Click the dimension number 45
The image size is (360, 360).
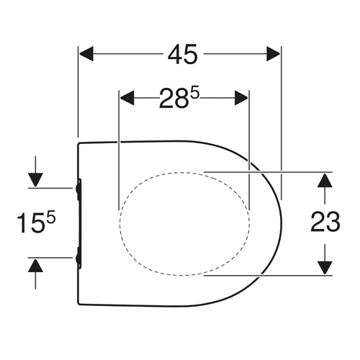tap(183, 54)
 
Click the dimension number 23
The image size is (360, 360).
tap(325, 222)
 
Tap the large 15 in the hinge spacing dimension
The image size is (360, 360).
tap(31, 223)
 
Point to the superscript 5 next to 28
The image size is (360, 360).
tap(195, 93)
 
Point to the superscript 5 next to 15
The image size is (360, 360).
tap(51, 217)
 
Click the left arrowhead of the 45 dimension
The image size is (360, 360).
tap(86, 54)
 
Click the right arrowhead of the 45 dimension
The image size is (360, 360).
tap(274, 54)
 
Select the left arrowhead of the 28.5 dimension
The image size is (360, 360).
tap(127, 98)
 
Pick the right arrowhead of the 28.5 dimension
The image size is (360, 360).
tap(241, 98)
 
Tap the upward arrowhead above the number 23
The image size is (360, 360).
tap(325, 180)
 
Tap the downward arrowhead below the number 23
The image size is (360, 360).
tap(325, 267)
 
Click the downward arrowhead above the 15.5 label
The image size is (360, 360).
tap(35, 180)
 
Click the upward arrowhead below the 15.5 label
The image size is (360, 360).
tap(35, 265)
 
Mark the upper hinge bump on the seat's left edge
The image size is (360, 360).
tap(78, 189)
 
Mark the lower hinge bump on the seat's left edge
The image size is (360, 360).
tap(78, 258)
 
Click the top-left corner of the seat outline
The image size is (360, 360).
tap(78, 144)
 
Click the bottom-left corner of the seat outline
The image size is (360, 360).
tap(78, 304)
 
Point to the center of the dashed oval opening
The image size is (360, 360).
tap(184, 224)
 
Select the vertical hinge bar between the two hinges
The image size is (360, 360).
tap(81, 223)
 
